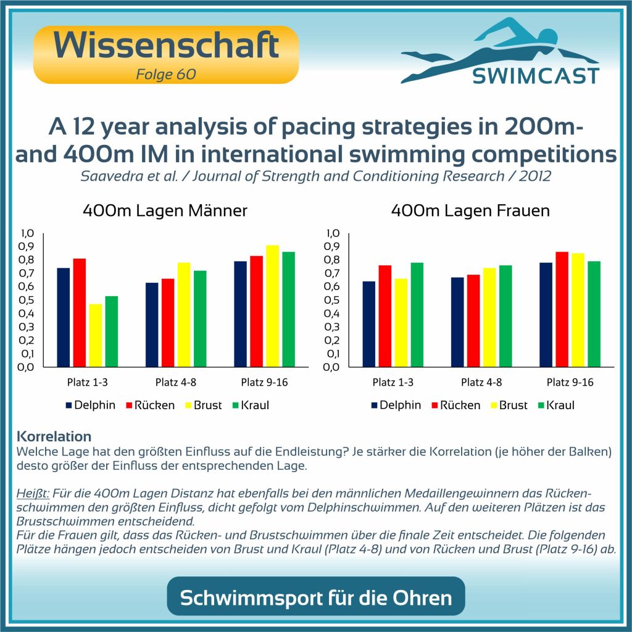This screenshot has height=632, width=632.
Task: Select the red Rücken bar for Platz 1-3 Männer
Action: pos(80,312)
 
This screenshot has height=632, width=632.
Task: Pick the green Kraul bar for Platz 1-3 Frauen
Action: pos(417,314)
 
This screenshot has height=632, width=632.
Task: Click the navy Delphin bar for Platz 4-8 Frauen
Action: pos(457,322)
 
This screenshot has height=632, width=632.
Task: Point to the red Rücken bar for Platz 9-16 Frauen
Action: pos(562,309)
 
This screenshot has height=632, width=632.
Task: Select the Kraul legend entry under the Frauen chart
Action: pos(555,405)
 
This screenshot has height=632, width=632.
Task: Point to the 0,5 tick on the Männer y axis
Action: pos(30,300)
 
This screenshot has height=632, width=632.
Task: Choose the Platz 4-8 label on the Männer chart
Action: pos(177,383)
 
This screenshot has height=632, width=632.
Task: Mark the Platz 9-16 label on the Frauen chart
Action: pos(570,383)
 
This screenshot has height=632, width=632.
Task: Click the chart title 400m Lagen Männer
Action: pos(165,211)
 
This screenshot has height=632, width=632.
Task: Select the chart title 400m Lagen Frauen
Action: pos(470,211)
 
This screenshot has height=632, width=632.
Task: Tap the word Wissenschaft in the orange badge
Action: pos(165,46)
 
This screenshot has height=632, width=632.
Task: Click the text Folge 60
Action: pos(165,75)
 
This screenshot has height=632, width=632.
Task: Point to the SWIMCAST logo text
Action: pos(535,75)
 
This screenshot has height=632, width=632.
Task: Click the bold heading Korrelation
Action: pos(54,436)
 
